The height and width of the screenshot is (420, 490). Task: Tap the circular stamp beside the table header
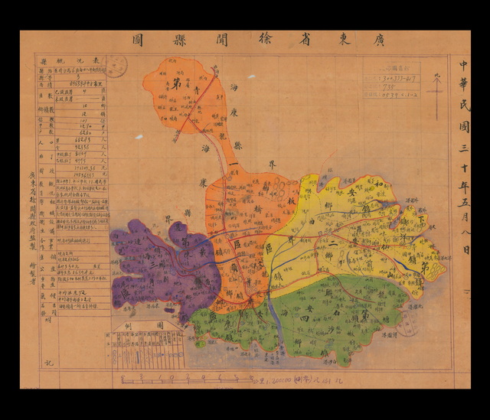coord(116,67)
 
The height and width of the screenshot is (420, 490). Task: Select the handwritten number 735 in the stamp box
coord(390,87)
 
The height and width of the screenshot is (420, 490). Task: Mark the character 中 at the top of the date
coord(463,68)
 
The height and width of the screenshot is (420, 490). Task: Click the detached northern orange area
coord(184,96)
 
